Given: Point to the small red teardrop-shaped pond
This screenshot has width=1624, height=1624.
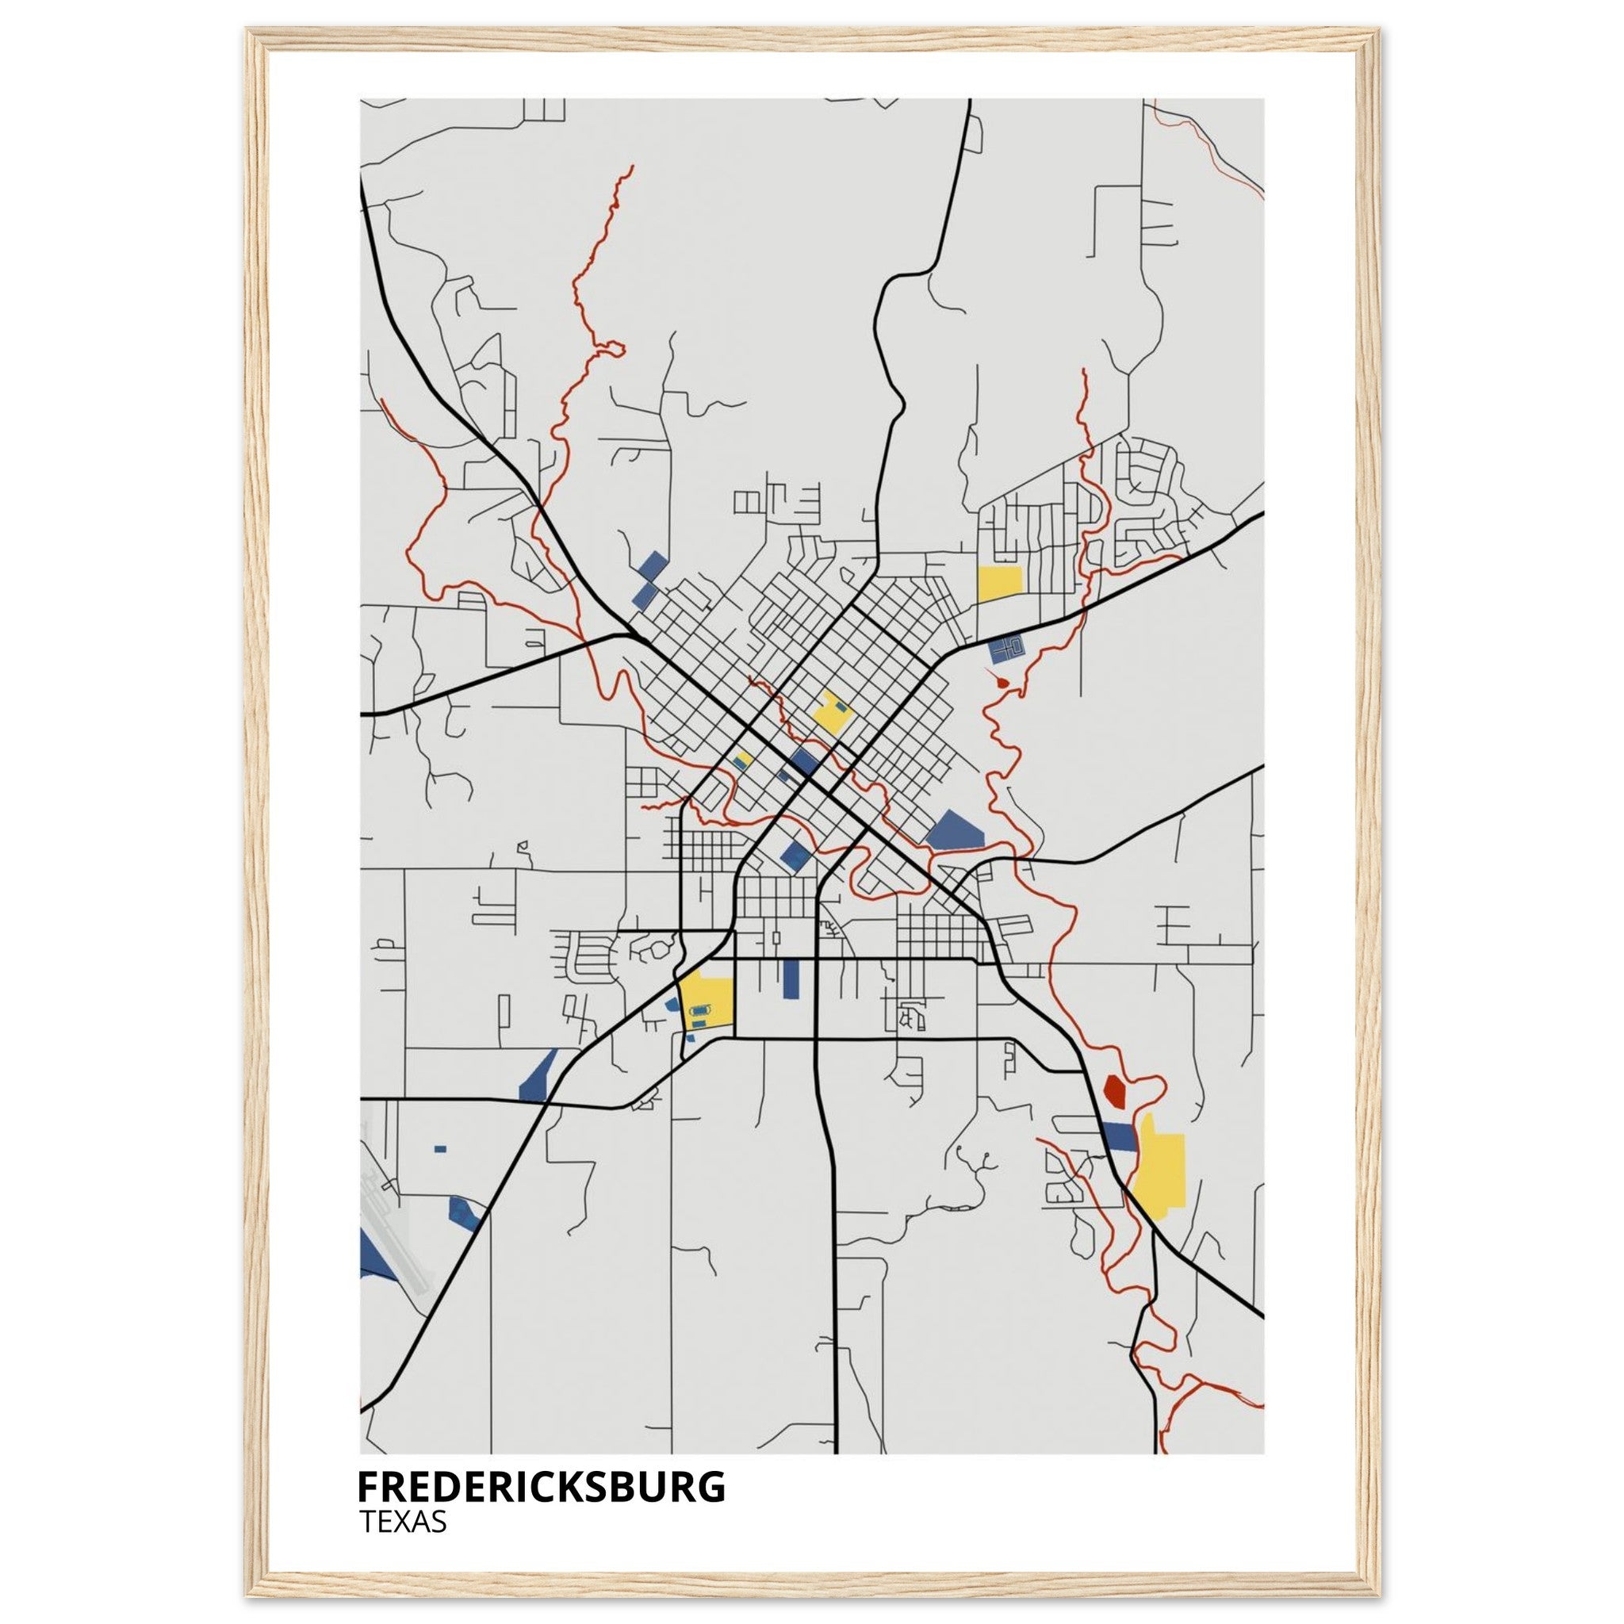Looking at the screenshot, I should [999, 683].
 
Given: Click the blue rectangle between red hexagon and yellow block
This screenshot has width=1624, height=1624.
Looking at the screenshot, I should [1119, 1136].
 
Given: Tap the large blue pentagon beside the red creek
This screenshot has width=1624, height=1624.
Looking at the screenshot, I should [956, 829].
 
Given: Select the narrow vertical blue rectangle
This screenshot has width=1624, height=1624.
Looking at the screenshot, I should [790, 979].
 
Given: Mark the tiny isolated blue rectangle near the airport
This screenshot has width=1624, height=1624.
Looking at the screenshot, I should [439, 1148].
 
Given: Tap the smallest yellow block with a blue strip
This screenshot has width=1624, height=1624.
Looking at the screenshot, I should [741, 760].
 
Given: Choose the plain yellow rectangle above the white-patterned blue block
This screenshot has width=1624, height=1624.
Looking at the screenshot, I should [999, 584].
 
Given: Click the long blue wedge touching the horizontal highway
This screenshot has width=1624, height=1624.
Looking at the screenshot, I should [537, 1076].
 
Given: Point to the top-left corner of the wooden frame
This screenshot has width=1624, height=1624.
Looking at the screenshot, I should [249, 31].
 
